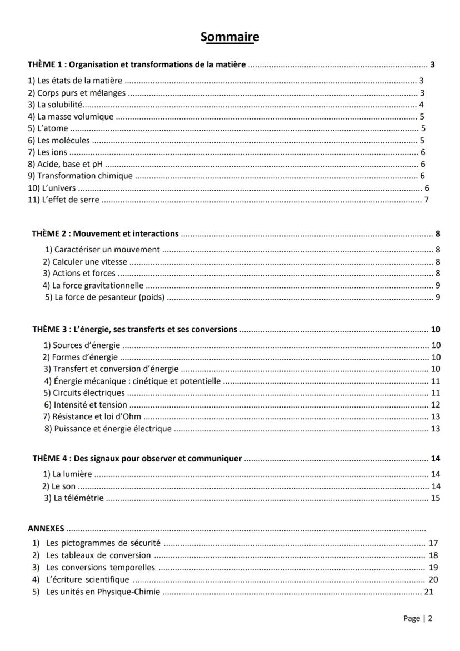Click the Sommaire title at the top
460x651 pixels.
pos(230,37)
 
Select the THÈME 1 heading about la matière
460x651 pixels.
pos(137,64)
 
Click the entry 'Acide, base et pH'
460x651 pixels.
pos(66,164)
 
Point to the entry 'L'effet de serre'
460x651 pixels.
pos(63,200)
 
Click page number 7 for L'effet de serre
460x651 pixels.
pos(426,200)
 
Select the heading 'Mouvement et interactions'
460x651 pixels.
pos(106,233)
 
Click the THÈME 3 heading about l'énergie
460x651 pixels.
pos(134,329)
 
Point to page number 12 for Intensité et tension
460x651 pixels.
pos(435,405)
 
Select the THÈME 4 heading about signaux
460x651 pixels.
pos(137,459)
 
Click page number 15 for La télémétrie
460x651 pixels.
pos(435,498)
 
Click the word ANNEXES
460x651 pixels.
pos(46,528)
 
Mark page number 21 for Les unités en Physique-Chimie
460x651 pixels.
pos(428,592)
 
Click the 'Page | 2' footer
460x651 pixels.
pos(417,618)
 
